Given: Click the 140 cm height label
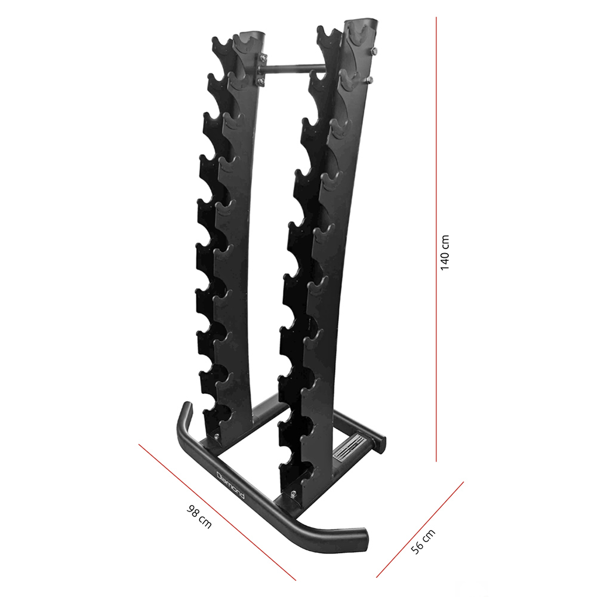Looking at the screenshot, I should (x=445, y=253).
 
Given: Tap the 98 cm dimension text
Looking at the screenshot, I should (x=199, y=516).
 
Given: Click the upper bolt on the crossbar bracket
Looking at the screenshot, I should (x=261, y=58).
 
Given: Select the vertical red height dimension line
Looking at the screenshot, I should (x=437, y=239).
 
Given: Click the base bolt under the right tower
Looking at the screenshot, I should (x=293, y=493).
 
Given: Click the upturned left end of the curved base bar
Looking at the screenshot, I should (x=186, y=412).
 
